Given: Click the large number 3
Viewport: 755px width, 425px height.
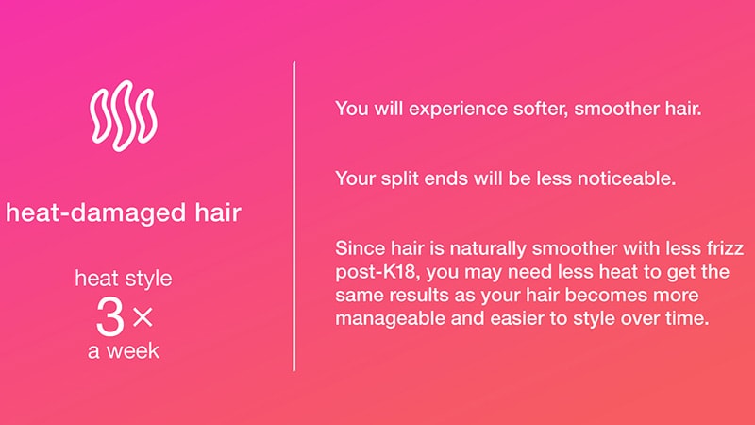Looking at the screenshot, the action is pos(110,316).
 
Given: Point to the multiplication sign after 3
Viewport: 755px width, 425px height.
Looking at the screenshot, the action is pos(143,317).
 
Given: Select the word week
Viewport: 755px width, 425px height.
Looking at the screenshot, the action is pos(132,350).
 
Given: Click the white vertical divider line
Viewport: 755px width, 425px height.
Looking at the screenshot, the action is pos(294,216).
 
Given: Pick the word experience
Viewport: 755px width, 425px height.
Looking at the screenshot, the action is pos(458,109).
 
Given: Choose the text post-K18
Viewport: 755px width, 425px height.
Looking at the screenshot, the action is pos(376,272).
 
